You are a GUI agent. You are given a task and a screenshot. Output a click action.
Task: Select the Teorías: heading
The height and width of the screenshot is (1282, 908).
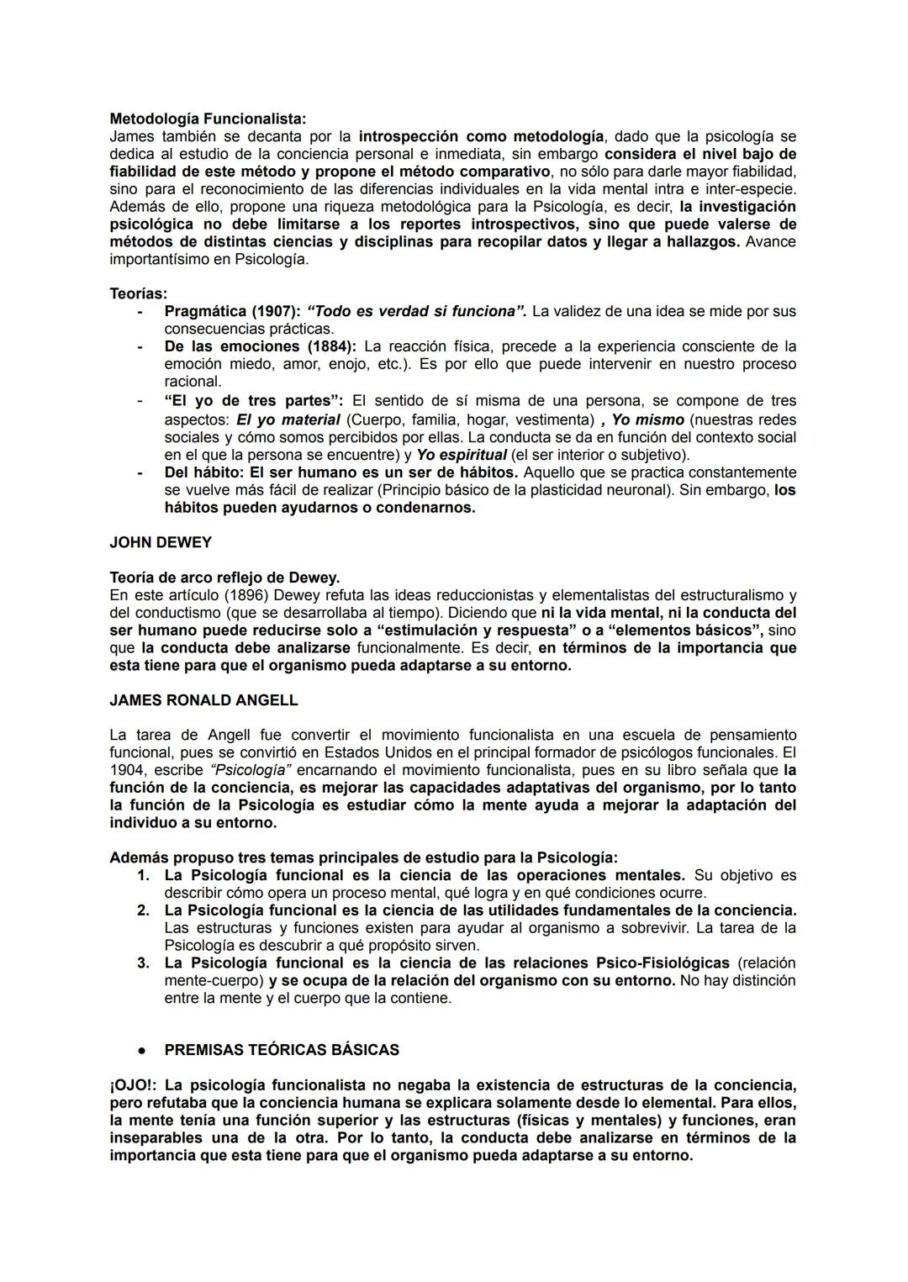(x=138, y=293)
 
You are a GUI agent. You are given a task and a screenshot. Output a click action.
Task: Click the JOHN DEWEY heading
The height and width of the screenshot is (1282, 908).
(x=161, y=542)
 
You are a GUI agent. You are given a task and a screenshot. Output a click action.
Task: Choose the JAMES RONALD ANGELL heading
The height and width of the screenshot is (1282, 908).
(x=203, y=699)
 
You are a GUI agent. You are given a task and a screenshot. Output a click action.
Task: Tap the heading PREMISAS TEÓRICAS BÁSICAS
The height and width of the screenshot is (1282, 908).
(x=282, y=1050)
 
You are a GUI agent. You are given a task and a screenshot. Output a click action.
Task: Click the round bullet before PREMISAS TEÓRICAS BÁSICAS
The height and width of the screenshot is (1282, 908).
(x=144, y=1051)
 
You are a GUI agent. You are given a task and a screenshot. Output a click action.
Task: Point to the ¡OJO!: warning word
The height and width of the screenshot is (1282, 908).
(x=131, y=1085)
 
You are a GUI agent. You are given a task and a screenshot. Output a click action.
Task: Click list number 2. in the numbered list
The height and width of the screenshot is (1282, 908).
(x=143, y=910)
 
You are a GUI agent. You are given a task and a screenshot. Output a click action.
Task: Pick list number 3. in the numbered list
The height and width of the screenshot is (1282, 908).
(x=143, y=963)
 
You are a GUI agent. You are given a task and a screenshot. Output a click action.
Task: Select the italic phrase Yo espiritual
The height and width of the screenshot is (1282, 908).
(x=462, y=455)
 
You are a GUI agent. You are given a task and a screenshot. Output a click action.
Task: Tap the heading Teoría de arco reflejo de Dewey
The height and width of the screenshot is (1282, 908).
(x=224, y=578)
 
